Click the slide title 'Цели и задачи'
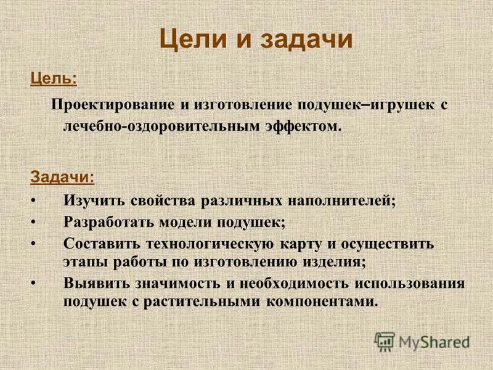point(256,40)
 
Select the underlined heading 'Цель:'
point(54,79)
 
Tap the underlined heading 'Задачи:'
point(63,176)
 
